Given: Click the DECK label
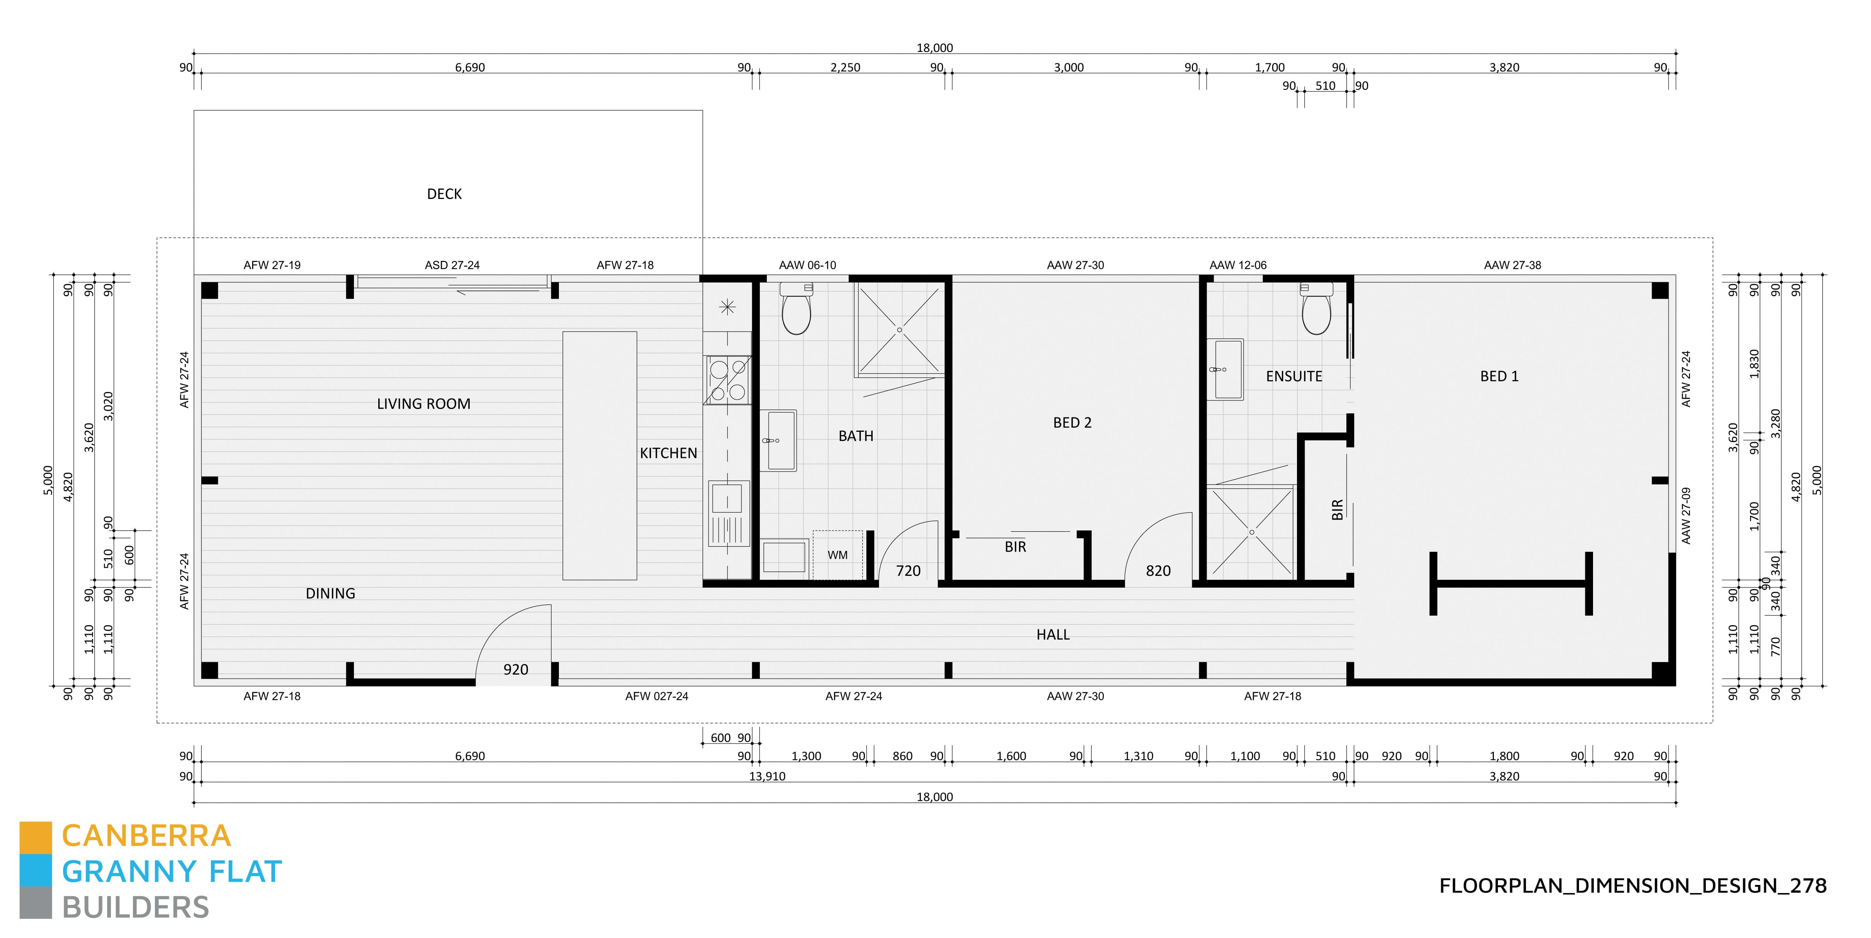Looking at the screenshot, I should [x=444, y=194].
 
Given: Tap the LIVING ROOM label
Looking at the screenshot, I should [x=424, y=404].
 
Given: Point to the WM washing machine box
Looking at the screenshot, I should [x=838, y=555].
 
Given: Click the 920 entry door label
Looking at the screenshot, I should [x=516, y=669].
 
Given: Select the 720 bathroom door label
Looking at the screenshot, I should [x=908, y=571].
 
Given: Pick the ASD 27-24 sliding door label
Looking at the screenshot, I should [x=452, y=265].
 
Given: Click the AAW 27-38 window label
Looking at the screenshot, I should [x=1512, y=265].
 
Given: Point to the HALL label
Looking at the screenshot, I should [x=1053, y=634].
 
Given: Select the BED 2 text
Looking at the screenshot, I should [x=1072, y=423].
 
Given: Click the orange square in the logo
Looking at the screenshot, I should [x=36, y=837].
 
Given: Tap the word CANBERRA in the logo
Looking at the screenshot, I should [x=146, y=836].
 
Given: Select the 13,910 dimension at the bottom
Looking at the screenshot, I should [x=767, y=776].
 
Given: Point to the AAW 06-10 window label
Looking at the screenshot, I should [x=807, y=265].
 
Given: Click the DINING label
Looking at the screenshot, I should [x=330, y=593].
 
